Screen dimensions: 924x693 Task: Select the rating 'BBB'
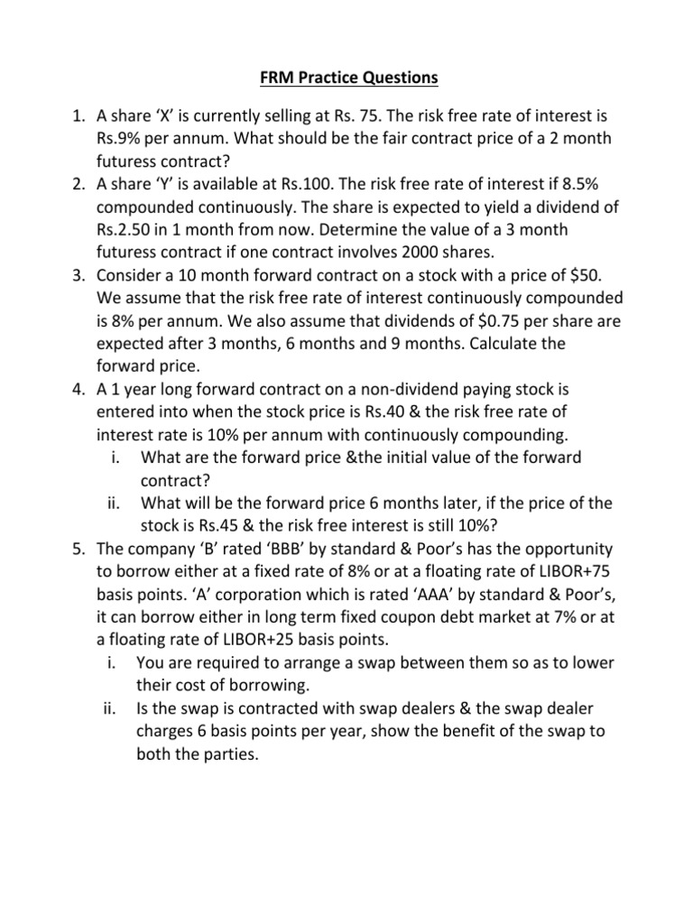[x=288, y=550]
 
